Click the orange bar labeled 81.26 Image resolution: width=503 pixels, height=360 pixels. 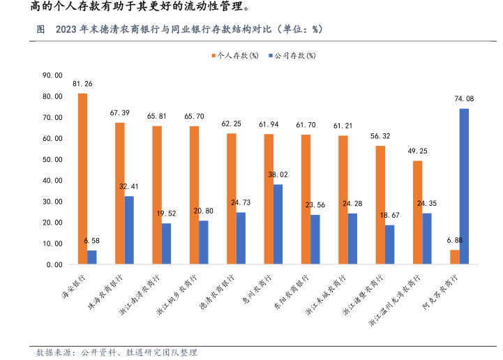click(x=82, y=179)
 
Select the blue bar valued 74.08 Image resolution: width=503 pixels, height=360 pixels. click(x=464, y=186)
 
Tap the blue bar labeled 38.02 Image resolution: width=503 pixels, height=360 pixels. click(x=278, y=224)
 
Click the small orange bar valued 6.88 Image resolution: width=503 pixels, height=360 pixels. click(x=454, y=257)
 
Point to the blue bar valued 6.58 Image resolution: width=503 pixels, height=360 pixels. click(x=92, y=257)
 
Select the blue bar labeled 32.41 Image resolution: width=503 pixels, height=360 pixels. click(x=129, y=230)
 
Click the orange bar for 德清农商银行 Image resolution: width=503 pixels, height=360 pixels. click(x=231, y=199)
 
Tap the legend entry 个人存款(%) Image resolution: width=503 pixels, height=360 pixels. click(x=237, y=55)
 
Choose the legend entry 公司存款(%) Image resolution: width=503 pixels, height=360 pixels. click(x=293, y=55)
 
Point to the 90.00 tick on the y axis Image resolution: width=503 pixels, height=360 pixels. click(x=53, y=75)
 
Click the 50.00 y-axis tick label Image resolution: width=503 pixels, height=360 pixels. click(x=53, y=159)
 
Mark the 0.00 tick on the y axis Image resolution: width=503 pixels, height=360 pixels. click(x=55, y=265)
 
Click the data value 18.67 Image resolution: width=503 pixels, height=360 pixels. click(x=389, y=216)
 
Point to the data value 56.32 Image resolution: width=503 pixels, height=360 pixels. click(x=380, y=137)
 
